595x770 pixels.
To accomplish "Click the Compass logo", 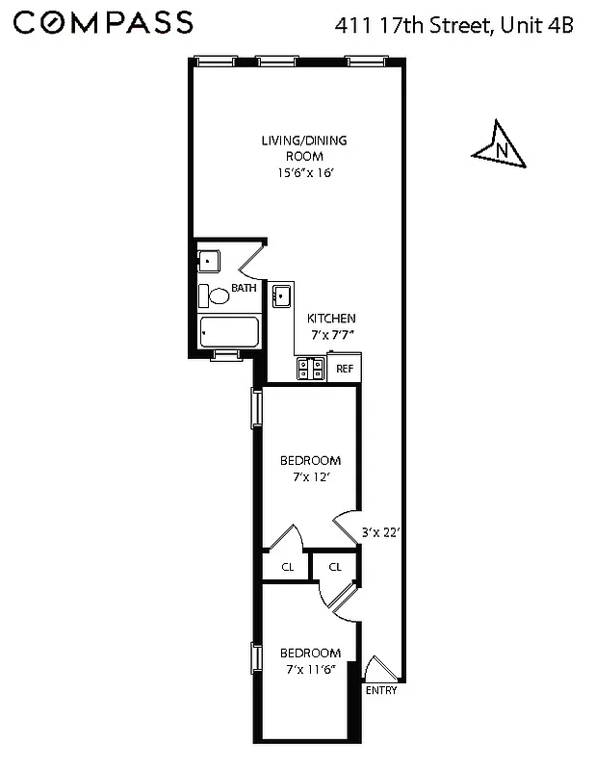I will [x=104, y=22].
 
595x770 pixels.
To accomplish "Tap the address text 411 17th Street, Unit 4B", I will [x=453, y=24].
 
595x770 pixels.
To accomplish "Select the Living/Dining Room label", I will [x=304, y=148].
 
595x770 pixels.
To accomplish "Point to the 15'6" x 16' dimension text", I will [x=304, y=173].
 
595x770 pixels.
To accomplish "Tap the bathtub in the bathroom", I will [x=228, y=333].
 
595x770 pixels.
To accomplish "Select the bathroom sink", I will [x=209, y=261].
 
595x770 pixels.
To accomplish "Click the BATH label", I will [x=244, y=287].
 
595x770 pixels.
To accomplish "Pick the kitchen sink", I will [x=282, y=296].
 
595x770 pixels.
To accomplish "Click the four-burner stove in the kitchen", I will [x=311, y=367].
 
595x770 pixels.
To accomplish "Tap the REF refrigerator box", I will [x=345, y=368].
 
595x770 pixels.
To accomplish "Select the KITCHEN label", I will [x=331, y=319].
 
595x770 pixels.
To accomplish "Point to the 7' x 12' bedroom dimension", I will [x=310, y=476].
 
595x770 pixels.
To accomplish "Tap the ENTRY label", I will [x=380, y=690].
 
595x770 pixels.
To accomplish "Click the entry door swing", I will [x=377, y=669].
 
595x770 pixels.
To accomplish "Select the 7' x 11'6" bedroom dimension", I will [x=310, y=669].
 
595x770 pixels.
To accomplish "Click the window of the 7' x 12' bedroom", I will [x=256, y=407].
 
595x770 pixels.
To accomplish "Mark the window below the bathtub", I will [x=226, y=355].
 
